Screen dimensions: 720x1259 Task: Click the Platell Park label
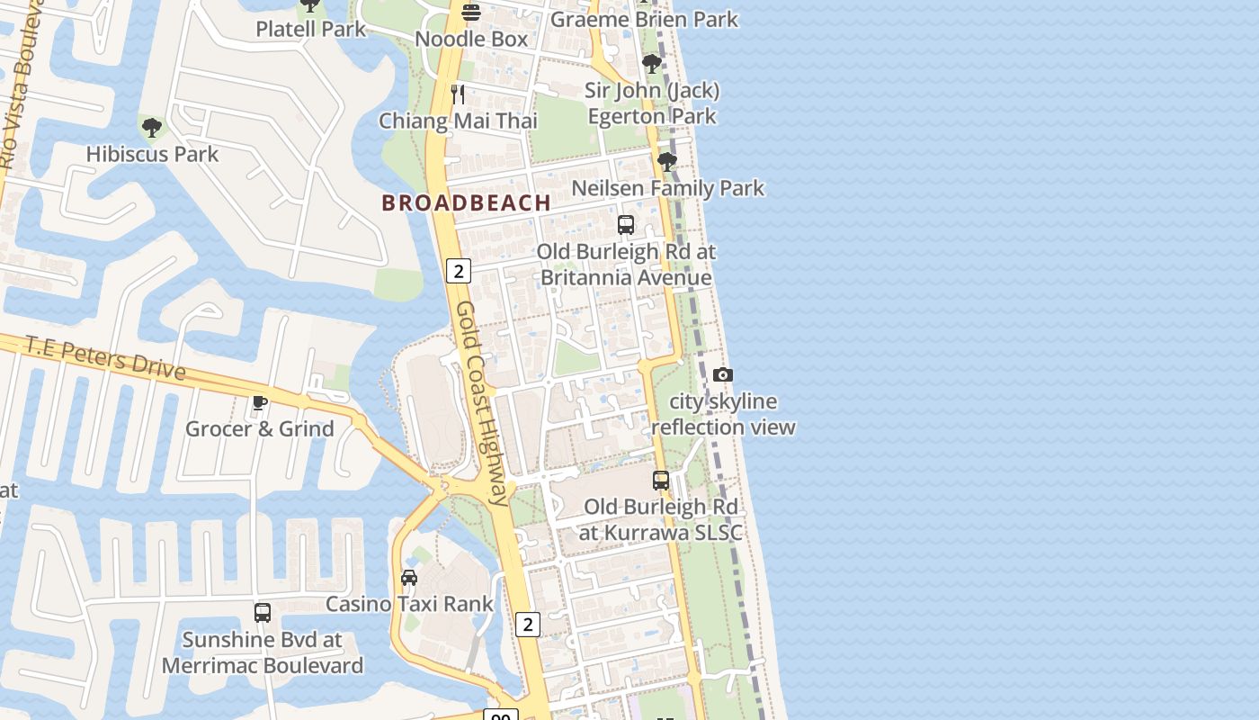point(310,29)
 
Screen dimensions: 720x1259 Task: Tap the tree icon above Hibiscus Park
point(152,128)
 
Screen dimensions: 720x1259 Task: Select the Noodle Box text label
point(471,40)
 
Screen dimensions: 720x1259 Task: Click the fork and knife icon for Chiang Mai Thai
point(458,94)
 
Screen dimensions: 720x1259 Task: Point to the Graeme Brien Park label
point(644,19)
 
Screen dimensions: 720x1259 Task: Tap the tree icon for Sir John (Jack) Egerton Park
point(652,64)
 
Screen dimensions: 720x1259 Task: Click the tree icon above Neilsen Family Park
point(666,162)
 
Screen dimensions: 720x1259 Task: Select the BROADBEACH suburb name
point(466,203)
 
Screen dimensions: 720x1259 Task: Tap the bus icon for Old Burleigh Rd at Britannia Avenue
point(626,225)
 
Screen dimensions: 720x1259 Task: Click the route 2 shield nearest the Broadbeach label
point(459,270)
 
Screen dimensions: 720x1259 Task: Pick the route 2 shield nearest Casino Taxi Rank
point(528,624)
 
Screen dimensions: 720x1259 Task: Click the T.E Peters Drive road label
point(105,357)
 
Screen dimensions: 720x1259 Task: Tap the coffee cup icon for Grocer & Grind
point(260,402)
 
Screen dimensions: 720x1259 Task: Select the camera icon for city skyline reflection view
point(722,375)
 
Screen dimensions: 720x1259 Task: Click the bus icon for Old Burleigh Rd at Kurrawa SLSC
point(661,481)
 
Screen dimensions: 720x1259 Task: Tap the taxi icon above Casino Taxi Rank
point(409,577)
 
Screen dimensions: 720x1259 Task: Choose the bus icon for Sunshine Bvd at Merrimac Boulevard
point(263,613)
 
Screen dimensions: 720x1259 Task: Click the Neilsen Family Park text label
point(667,188)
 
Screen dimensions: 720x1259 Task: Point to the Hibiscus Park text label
point(152,154)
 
